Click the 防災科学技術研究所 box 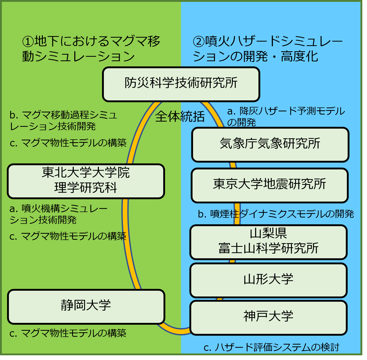tap(181, 84)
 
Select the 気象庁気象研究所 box tap(270, 145)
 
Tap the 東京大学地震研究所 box tap(270, 185)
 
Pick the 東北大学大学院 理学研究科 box tap(86, 181)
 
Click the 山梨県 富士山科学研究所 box tap(268, 242)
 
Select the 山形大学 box tap(268, 280)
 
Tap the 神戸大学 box tap(268, 317)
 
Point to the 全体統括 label tap(180, 117)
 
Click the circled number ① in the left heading tap(28, 41)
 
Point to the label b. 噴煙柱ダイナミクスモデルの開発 tap(276, 214)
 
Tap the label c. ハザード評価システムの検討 tap(271, 347)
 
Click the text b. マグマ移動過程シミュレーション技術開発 tap(63, 121)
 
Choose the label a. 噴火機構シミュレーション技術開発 tap(58, 214)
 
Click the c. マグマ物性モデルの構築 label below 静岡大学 tap(68, 333)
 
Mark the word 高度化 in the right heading tap(300, 56)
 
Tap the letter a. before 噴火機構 tap(14, 209)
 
